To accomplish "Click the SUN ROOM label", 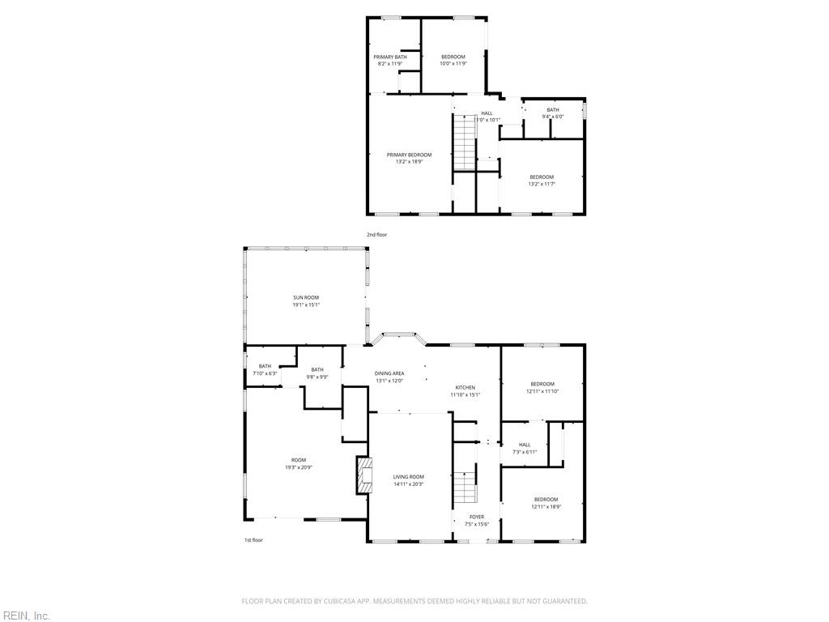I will tap(306, 298).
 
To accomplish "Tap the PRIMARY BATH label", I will tap(389, 57).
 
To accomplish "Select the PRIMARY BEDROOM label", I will tap(409, 155).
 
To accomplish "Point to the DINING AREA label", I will tap(389, 373).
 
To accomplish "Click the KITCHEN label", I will tap(465, 388).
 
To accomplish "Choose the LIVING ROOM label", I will tap(409, 477).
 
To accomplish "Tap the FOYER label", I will tap(477, 517).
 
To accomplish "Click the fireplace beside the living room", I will tap(363, 475).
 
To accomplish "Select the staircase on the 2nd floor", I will tap(463, 142).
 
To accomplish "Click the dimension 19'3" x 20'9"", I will tap(299, 467).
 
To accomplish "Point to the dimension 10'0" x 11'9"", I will tap(453, 63).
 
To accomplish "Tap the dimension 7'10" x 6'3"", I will tap(265, 373).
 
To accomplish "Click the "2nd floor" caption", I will tap(376, 235).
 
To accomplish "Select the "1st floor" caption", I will tap(253, 540).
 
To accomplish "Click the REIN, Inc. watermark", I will tap(26, 616).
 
